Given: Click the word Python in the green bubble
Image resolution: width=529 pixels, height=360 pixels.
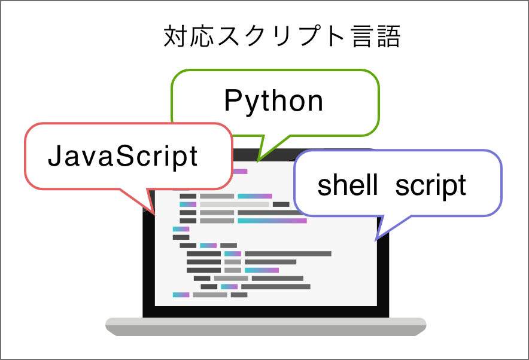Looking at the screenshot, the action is [273, 101].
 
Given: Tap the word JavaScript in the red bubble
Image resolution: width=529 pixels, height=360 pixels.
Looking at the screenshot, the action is [123, 155].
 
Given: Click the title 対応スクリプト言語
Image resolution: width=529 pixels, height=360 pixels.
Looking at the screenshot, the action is [282, 36].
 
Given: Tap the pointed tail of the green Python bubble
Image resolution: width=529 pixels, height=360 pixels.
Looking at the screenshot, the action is [258, 161].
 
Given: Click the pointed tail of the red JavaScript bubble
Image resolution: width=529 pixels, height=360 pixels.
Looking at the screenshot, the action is [154, 213].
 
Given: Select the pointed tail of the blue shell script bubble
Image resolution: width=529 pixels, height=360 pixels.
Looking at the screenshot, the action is [376, 240].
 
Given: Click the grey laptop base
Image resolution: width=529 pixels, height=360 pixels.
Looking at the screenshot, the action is [266, 327].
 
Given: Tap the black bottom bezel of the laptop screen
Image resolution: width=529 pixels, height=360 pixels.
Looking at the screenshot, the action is [266, 312].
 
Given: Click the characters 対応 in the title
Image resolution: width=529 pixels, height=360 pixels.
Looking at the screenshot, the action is [189, 36].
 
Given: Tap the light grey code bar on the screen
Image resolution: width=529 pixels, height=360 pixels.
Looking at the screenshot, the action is [235, 205].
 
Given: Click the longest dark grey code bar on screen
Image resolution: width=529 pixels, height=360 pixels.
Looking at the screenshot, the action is [288, 254].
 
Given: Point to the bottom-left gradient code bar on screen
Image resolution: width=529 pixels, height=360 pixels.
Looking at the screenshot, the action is [181, 295].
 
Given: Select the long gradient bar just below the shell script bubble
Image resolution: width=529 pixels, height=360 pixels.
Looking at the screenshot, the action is [272, 221].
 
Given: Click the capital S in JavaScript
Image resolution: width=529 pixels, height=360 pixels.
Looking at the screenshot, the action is [125, 155].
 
